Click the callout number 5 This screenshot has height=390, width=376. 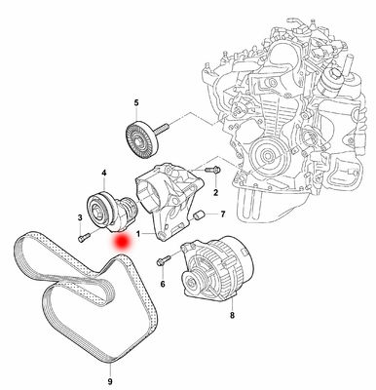pyautogui.click(x=136, y=102)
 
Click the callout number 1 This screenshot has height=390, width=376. pyautogui.click(x=140, y=235)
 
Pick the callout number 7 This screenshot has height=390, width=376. pyautogui.click(x=222, y=214)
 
